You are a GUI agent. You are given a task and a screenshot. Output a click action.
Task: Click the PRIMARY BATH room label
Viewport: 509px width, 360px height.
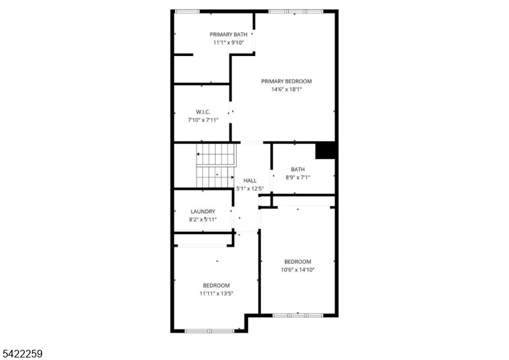(x=228, y=34)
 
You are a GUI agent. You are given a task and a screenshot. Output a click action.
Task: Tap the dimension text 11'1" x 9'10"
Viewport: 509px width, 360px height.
(x=228, y=43)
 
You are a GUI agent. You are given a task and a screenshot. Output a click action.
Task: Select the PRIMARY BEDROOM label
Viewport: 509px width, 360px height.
(x=286, y=81)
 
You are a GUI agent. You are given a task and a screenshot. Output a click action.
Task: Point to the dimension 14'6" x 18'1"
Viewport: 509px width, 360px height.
(x=286, y=90)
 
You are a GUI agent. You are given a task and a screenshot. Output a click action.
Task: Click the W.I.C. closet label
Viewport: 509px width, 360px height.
(x=203, y=111)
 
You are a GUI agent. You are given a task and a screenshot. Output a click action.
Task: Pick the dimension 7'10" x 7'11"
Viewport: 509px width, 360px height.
(x=203, y=120)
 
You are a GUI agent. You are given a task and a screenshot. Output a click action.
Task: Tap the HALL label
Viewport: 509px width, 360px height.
(x=249, y=181)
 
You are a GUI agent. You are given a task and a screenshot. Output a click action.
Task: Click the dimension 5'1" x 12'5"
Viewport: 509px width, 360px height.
(x=249, y=189)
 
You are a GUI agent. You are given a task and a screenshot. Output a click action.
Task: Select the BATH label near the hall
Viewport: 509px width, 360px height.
(x=298, y=169)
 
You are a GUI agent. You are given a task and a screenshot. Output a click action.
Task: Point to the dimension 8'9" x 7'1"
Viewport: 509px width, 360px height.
(x=298, y=177)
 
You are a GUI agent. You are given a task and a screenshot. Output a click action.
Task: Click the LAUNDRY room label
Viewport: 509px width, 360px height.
(x=203, y=211)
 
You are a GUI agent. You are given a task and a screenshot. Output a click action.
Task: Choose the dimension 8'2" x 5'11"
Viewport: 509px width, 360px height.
(x=203, y=219)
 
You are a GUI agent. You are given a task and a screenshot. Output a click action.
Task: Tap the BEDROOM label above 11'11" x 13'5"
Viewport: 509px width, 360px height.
(x=216, y=286)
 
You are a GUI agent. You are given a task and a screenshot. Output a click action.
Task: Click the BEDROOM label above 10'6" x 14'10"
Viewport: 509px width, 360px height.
(x=298, y=261)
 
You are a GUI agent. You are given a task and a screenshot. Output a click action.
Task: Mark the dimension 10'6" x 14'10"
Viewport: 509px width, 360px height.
(x=298, y=270)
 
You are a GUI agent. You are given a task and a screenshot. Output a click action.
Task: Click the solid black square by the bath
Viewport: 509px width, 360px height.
(x=326, y=150)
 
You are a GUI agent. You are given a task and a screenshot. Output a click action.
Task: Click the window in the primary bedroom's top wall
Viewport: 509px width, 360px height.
(x=295, y=11)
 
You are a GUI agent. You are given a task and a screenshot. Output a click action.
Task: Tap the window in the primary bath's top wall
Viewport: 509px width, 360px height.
(x=186, y=11)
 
